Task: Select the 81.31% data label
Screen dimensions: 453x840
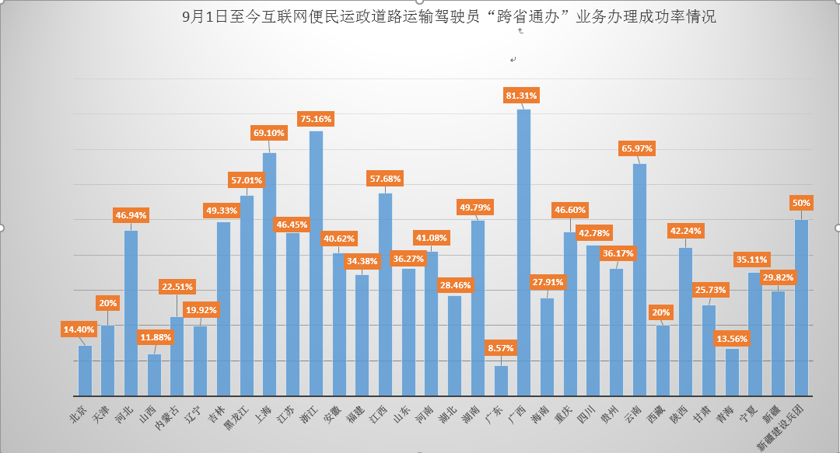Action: tap(521, 96)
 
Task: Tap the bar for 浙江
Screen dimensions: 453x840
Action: tap(316, 263)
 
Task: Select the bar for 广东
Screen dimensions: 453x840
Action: tap(501, 381)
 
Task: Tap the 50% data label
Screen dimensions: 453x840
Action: tap(801, 203)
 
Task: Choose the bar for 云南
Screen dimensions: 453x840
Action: tap(639, 280)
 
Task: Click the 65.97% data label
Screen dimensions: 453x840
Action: tap(637, 148)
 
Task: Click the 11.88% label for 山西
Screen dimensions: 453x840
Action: tap(156, 336)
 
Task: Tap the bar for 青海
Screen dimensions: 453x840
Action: tap(732, 372)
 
